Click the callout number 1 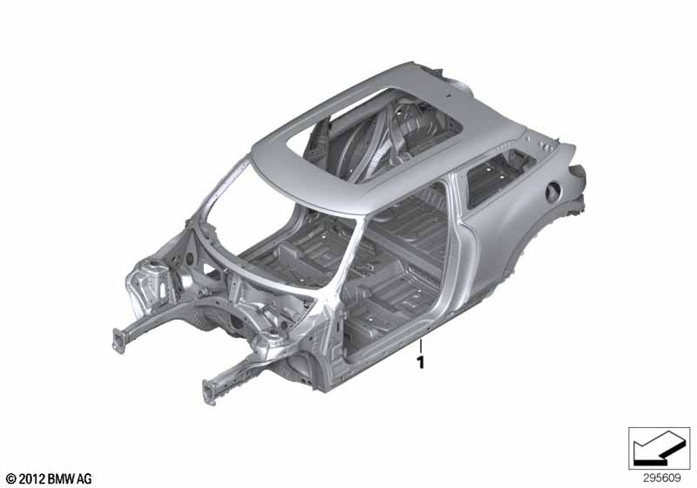[421, 363]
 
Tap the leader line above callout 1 [421, 346]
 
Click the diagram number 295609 [662, 478]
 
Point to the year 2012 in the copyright [31, 479]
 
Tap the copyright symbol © [10, 479]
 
